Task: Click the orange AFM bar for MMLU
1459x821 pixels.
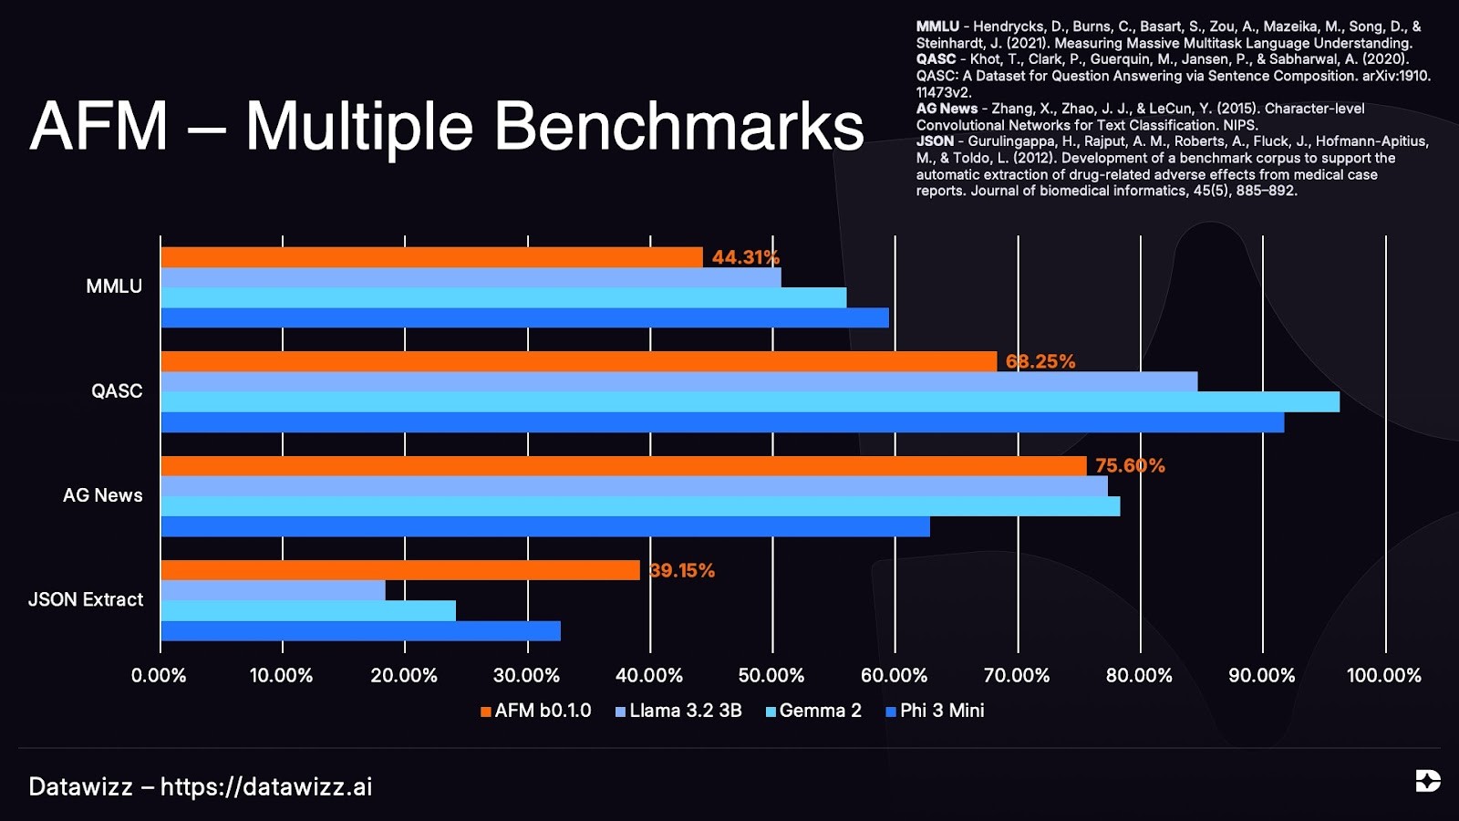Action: tap(432, 257)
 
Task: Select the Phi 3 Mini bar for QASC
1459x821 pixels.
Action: tap(722, 422)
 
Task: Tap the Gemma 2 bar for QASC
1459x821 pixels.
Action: tap(750, 402)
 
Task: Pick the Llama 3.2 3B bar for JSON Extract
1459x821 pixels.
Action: tap(273, 590)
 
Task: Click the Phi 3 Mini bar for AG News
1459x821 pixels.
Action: tap(545, 526)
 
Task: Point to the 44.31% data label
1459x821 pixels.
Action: tap(746, 257)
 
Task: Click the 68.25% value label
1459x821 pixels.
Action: tap(1040, 361)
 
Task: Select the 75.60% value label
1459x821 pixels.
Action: tap(1130, 465)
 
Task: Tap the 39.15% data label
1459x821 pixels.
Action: tap(682, 570)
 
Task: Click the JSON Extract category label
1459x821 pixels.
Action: tap(86, 599)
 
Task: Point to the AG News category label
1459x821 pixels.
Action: tap(103, 495)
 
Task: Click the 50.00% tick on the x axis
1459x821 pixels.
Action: tap(771, 675)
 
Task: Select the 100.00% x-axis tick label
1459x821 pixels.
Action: tap(1384, 675)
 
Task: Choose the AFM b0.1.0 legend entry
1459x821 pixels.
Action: tap(535, 711)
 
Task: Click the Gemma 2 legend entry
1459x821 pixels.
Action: tap(813, 711)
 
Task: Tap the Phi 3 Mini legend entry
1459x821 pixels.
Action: tap(935, 711)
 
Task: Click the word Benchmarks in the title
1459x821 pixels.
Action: tap(679, 126)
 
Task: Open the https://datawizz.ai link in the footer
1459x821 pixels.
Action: tap(266, 787)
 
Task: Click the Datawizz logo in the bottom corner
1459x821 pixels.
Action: tap(1428, 781)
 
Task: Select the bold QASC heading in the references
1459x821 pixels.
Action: tap(936, 59)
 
